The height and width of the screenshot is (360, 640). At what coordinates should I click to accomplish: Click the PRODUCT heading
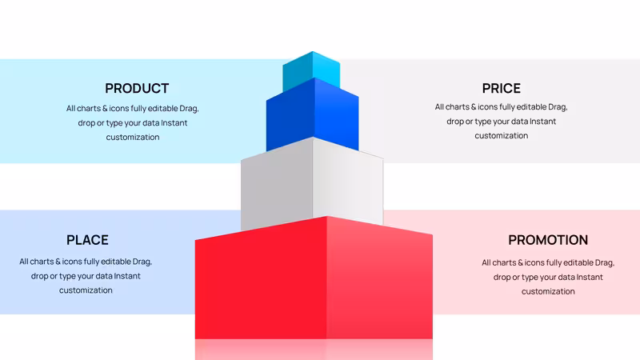(137, 88)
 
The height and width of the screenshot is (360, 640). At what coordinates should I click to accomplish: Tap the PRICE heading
(502, 88)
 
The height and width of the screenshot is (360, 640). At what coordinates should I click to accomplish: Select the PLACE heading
(87, 240)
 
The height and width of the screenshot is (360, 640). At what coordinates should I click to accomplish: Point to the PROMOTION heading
(548, 240)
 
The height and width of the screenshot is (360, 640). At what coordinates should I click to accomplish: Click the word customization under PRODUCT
(133, 137)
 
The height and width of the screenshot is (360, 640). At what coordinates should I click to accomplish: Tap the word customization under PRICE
(502, 135)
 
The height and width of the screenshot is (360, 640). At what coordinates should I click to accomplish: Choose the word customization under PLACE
(86, 290)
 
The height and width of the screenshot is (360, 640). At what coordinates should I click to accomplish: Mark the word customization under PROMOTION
(548, 291)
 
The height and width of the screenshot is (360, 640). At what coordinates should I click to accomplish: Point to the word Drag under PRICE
(558, 107)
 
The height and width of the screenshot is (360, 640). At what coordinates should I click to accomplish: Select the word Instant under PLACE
(127, 276)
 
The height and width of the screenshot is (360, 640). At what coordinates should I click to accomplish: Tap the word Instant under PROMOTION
(590, 277)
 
